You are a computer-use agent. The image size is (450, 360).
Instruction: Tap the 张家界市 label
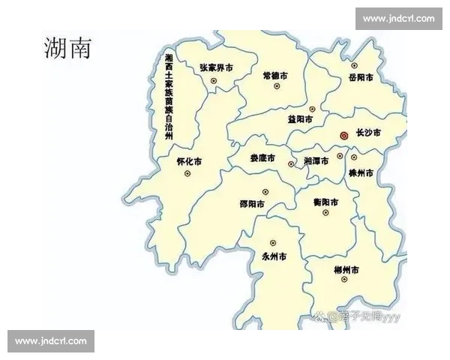[x=216, y=67]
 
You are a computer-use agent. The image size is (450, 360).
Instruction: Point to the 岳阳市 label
[x=360, y=77]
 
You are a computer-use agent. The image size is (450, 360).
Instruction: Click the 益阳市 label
[x=300, y=119]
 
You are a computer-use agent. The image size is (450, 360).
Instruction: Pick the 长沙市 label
[x=367, y=133]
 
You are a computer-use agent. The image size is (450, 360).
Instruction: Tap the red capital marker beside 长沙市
[x=343, y=136]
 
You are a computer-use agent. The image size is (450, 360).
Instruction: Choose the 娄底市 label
[x=262, y=159]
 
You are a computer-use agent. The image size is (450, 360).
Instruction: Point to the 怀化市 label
[x=188, y=161]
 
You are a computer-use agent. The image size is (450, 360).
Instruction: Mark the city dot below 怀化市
[x=187, y=174]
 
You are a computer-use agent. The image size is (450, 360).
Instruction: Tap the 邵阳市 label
[x=253, y=203]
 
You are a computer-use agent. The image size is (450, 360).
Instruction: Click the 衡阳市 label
[x=325, y=202]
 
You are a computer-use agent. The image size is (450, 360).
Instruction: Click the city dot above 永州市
[x=273, y=243]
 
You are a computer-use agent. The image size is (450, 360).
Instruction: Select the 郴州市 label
[x=346, y=269]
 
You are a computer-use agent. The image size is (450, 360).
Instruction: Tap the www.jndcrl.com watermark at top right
[x=398, y=18]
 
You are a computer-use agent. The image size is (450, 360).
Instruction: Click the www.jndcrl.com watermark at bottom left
[x=51, y=341]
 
